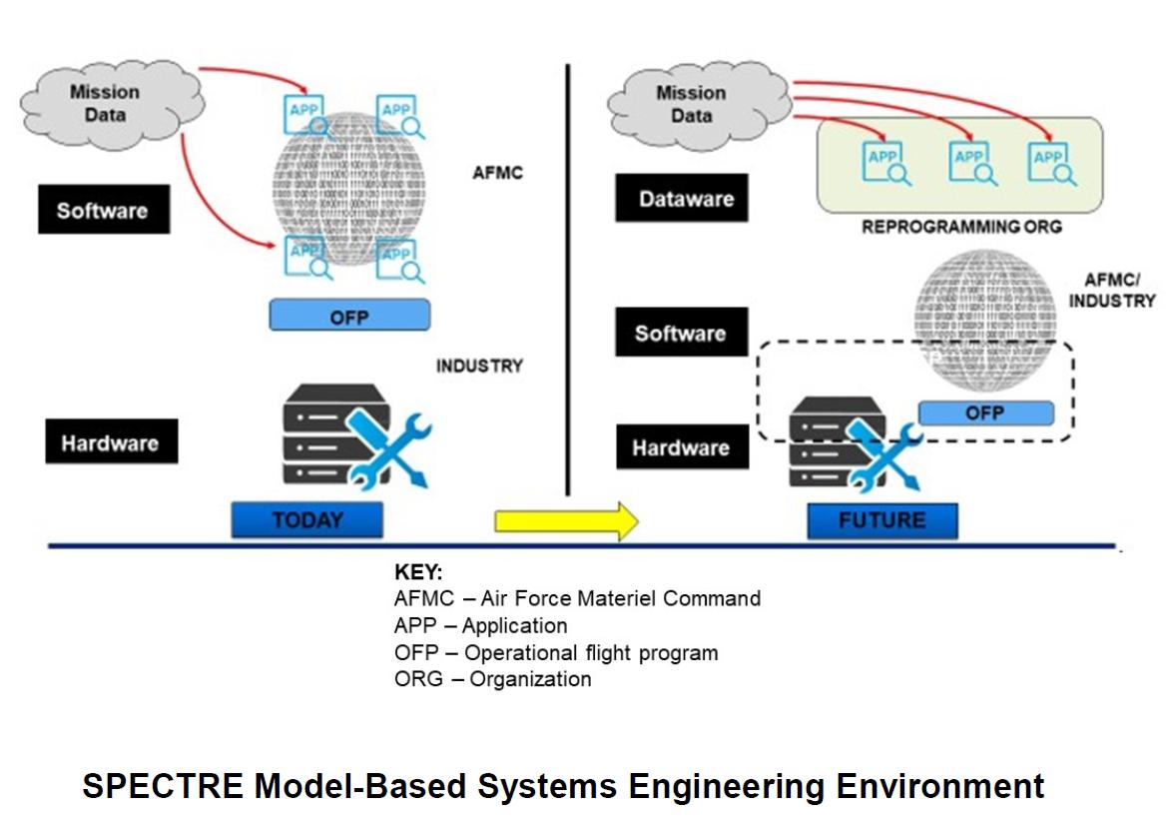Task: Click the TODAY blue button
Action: pyautogui.click(x=306, y=520)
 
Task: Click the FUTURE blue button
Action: pyautogui.click(x=882, y=520)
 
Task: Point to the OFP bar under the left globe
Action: pyautogui.click(x=349, y=316)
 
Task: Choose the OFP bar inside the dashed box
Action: pyautogui.click(x=984, y=412)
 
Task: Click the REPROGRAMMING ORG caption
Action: pyautogui.click(x=961, y=227)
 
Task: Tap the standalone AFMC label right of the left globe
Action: pyautogui.click(x=497, y=173)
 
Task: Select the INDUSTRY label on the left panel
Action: pyautogui.click(x=479, y=366)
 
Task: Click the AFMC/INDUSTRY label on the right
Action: pyautogui.click(x=1119, y=291)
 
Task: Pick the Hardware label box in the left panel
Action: pyautogui.click(x=111, y=442)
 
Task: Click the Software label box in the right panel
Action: pyautogui.click(x=681, y=333)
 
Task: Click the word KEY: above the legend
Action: pyautogui.click(x=419, y=573)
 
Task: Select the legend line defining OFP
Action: pyautogui.click(x=556, y=653)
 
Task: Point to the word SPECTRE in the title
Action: pyautogui.click(x=161, y=786)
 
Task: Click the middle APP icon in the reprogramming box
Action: pyautogui.click(x=970, y=163)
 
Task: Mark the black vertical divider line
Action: pyautogui.click(x=568, y=280)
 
